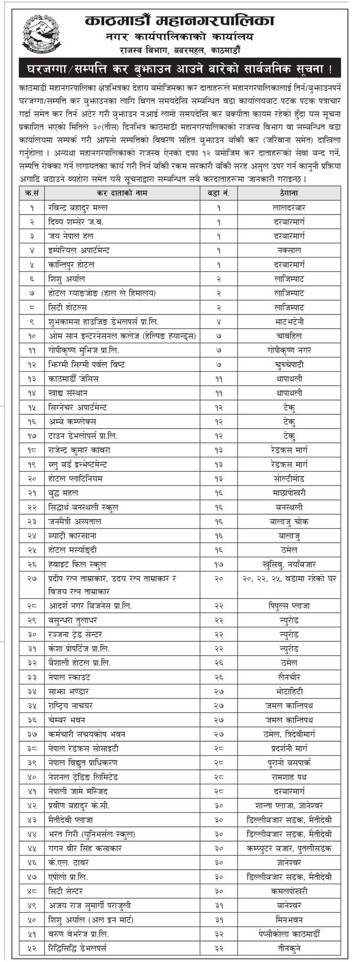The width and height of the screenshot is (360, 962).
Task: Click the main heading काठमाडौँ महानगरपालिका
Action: pos(180,21)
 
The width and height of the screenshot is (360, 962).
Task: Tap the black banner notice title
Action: pos(180,68)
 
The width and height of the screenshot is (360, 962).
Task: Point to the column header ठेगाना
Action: pos(289,193)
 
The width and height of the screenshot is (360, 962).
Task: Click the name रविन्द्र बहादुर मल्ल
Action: pos(78,207)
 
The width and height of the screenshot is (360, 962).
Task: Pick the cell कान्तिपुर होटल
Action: pos(72,264)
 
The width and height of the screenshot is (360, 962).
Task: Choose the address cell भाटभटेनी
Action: pos(289,322)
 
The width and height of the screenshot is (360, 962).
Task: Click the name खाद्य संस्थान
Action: pos(68,393)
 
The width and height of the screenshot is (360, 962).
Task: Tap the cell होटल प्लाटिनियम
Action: pos(76,478)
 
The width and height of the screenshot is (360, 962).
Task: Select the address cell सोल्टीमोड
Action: pos(289,478)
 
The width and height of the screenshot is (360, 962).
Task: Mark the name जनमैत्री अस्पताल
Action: pos(76,521)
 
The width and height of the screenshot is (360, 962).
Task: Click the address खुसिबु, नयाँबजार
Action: pos(289,564)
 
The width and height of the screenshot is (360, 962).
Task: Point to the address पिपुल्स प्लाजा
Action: pos(289,605)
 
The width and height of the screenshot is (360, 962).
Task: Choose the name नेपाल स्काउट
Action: pos(68,677)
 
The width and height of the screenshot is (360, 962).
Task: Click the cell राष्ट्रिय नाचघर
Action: pos(70,705)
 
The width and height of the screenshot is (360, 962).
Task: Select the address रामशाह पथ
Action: pos(289,777)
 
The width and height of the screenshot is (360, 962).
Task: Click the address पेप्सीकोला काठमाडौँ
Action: pos(289,934)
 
